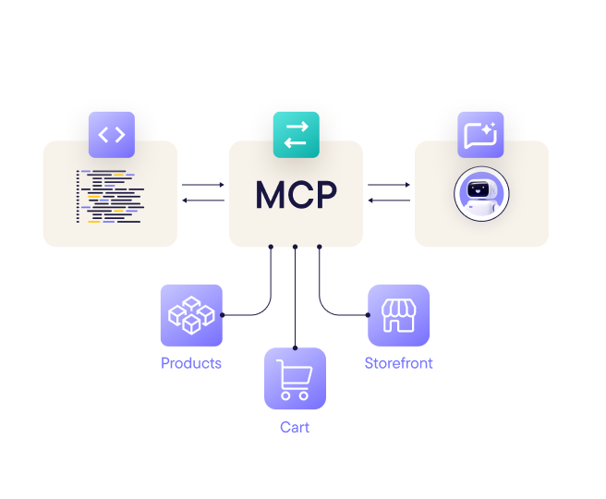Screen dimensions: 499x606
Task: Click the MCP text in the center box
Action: (x=296, y=195)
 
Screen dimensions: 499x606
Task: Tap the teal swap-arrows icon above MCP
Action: (x=296, y=135)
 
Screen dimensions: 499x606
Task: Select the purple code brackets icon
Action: (x=111, y=135)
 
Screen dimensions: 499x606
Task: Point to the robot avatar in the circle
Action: (x=481, y=194)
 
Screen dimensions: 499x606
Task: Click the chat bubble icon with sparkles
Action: (x=480, y=135)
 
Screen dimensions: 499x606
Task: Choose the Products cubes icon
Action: (x=191, y=315)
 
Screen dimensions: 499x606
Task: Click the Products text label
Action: (x=191, y=363)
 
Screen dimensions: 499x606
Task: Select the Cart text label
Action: (x=295, y=427)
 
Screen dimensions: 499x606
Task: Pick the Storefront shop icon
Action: (x=399, y=315)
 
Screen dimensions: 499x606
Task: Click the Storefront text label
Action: (x=399, y=363)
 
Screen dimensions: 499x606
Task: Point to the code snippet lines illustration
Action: (x=111, y=196)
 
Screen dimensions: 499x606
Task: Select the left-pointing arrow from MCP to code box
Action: (x=203, y=201)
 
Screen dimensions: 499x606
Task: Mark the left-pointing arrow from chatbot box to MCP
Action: (x=389, y=201)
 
